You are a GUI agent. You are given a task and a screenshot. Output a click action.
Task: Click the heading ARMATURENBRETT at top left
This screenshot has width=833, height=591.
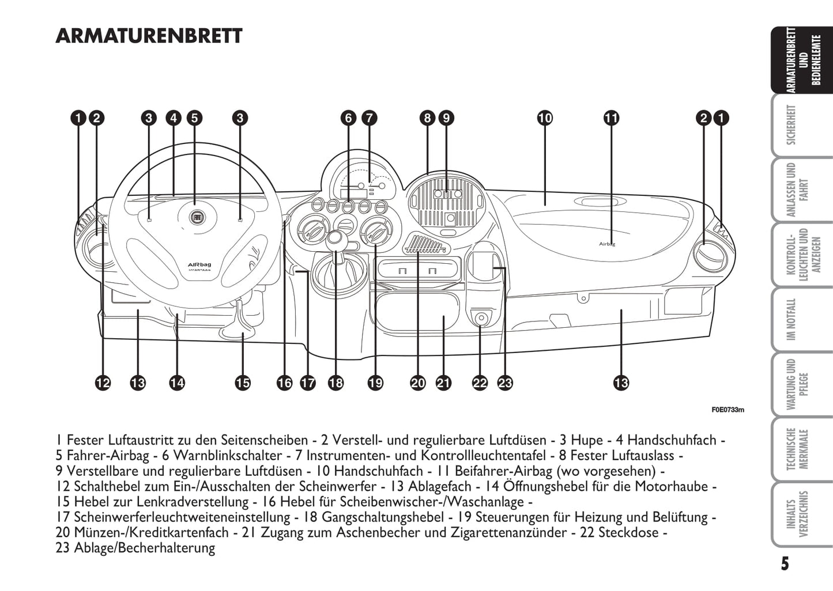[149, 36]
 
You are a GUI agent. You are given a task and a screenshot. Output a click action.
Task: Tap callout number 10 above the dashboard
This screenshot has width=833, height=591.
[545, 118]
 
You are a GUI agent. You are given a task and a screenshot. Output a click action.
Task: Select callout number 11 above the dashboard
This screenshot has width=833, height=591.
[611, 118]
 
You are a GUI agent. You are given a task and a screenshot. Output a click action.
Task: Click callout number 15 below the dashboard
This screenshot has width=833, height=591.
[243, 382]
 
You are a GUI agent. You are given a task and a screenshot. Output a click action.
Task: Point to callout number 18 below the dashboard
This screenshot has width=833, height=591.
[336, 382]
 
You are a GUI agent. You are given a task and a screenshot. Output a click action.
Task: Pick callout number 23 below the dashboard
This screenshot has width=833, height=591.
[505, 382]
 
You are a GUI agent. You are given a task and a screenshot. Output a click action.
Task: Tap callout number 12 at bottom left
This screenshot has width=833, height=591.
[103, 382]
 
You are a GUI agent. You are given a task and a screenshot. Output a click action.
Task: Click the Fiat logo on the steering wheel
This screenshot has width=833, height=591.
[195, 217]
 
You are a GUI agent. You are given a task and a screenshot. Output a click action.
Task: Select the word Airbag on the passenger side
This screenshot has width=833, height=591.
[607, 244]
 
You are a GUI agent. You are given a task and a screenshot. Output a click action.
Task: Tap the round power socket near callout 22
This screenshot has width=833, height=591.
[481, 317]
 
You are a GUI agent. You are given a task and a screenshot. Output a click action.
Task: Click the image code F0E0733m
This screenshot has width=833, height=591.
[728, 410]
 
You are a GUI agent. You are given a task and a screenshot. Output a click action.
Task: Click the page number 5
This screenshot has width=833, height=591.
[785, 563]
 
